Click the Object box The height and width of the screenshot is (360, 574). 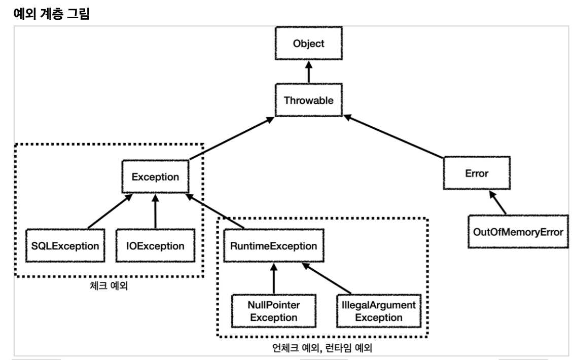(x=308, y=44)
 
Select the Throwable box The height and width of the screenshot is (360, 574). (x=308, y=100)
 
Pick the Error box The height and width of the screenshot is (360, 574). (x=476, y=173)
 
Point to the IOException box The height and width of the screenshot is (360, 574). (x=155, y=246)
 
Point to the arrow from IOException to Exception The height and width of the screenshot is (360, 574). (x=155, y=212)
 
